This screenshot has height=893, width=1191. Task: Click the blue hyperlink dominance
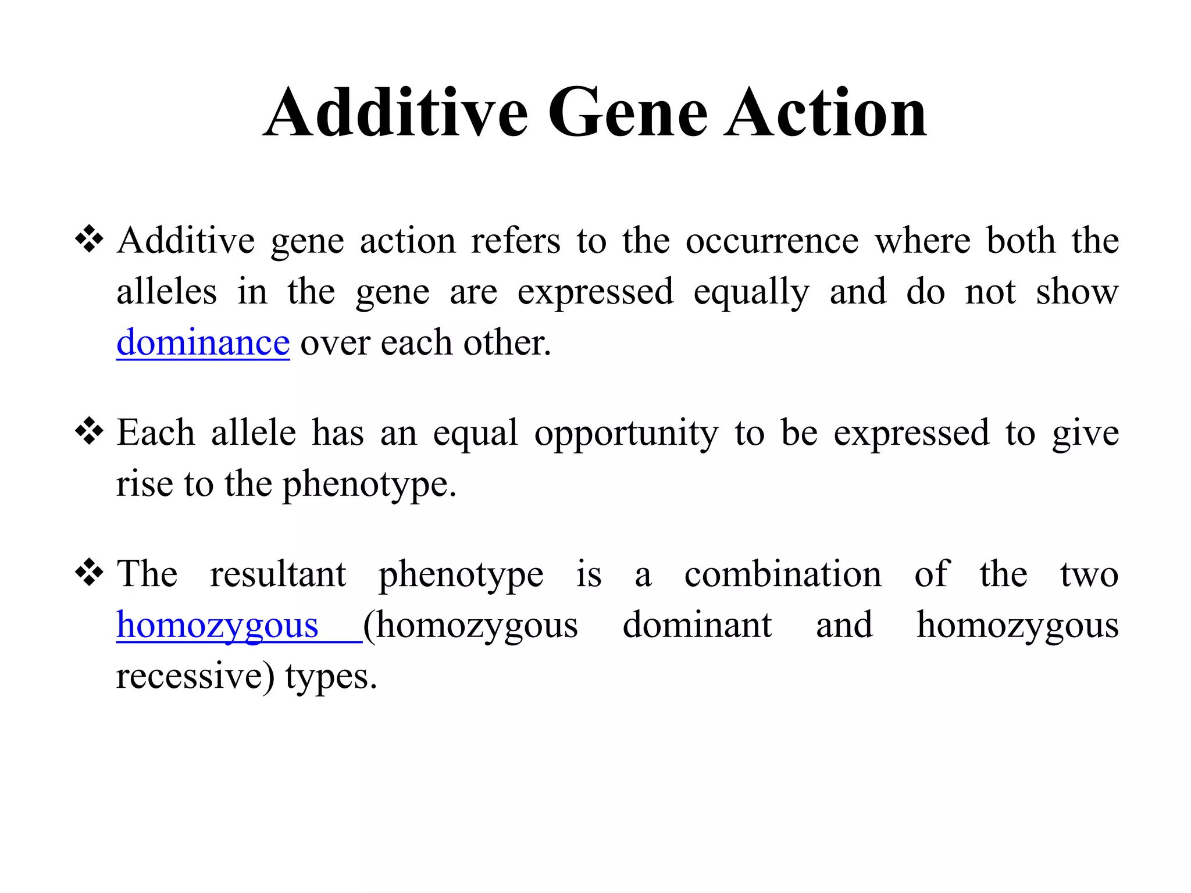click(x=203, y=342)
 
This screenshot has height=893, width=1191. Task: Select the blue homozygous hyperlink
click(x=217, y=626)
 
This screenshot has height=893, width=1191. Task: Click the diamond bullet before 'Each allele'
click(x=90, y=431)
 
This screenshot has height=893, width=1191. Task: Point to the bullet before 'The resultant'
click(x=90, y=573)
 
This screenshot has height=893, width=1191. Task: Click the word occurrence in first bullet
click(x=772, y=241)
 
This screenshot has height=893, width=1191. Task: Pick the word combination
click(x=782, y=574)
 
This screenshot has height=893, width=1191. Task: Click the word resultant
click(x=277, y=574)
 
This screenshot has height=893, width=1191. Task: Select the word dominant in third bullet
click(x=697, y=626)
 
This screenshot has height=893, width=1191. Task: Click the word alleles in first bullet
click(x=166, y=292)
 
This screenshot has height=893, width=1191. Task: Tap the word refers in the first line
click(x=515, y=241)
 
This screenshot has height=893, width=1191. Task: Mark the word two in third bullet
click(x=1089, y=574)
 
